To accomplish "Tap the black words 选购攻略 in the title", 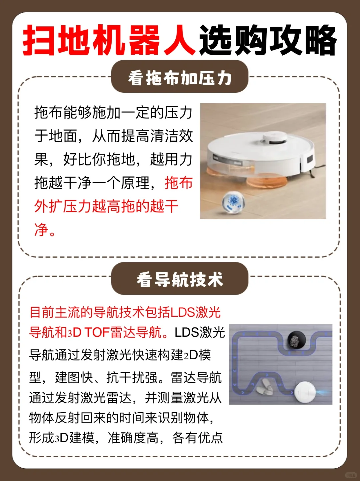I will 268,41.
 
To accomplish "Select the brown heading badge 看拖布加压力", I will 180,77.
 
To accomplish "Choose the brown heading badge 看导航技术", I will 180,279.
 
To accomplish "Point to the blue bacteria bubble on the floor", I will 233,201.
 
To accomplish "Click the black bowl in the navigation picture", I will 296,340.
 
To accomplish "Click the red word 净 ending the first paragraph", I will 41,230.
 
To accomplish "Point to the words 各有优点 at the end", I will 197,438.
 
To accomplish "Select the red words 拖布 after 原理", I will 179,183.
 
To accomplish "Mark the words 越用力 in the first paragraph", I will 171,159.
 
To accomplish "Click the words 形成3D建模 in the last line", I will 62,438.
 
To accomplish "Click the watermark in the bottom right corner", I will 350,475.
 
